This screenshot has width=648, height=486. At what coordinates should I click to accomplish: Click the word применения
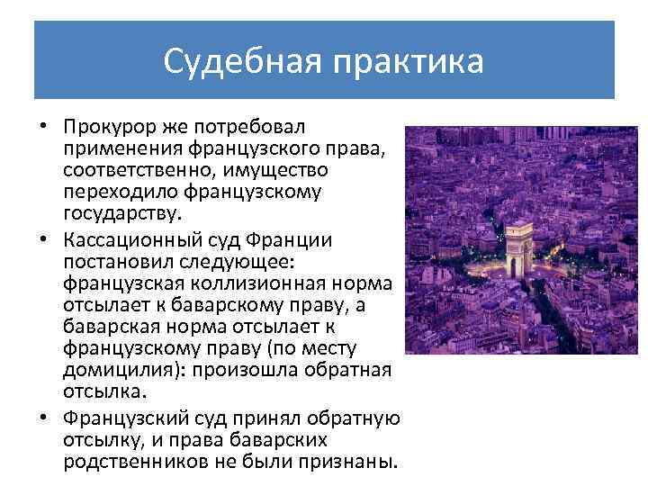pos(125,148)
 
